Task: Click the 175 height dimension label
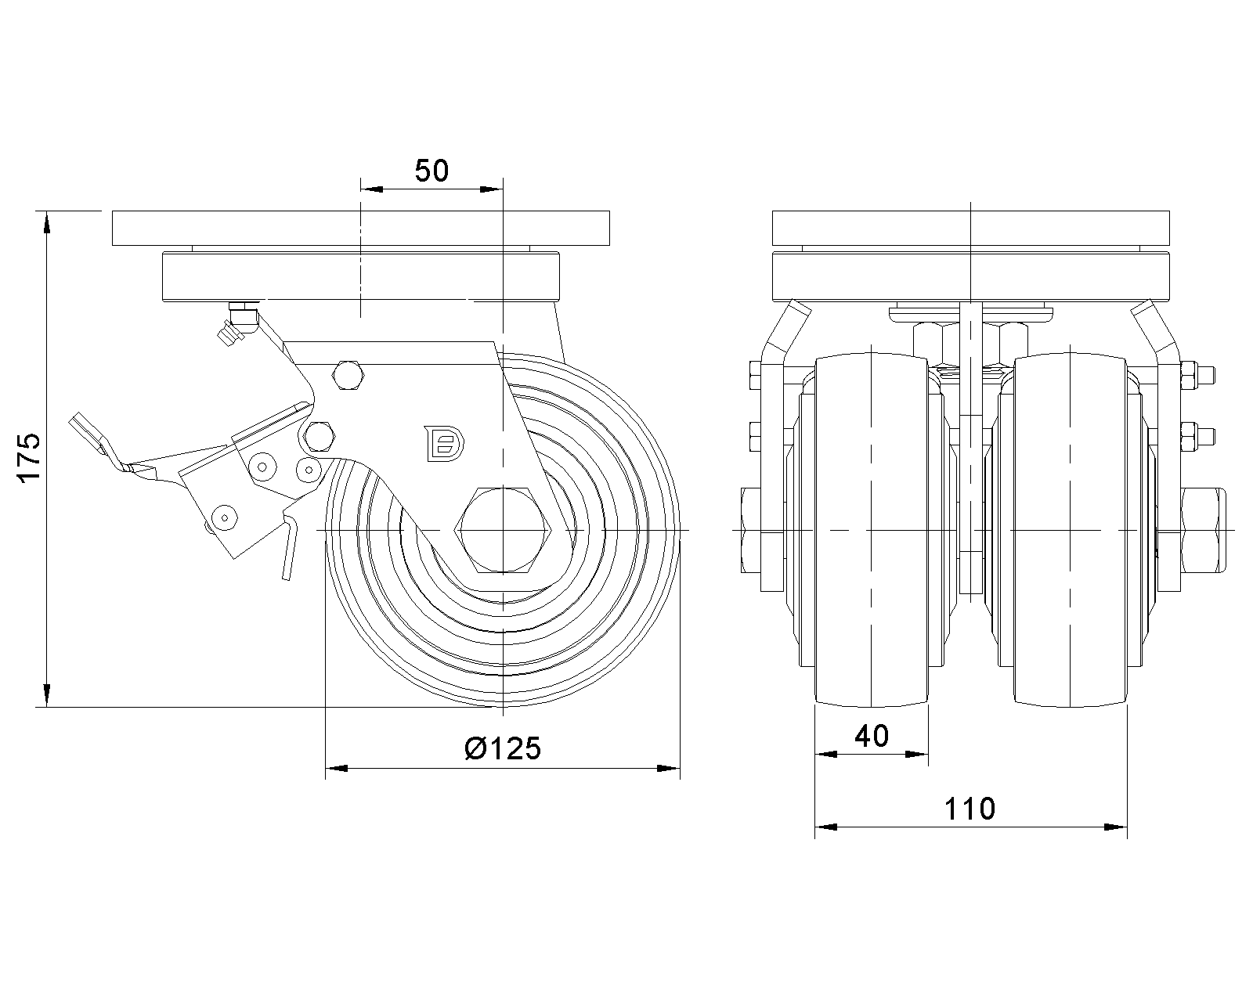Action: pos(29,457)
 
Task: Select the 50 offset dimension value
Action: pos(432,171)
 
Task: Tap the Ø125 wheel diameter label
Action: pos(503,748)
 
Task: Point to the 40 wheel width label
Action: pos(871,736)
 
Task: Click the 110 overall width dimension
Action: pos(970,809)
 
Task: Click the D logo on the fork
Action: pos(444,444)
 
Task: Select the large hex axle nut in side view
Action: pos(503,530)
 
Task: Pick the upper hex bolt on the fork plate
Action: pos(348,375)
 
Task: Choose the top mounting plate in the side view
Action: pos(361,228)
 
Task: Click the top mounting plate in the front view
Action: pos(970,228)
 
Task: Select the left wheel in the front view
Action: pos(871,530)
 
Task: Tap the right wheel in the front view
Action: pos(1071,530)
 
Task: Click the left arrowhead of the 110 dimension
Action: pos(826,827)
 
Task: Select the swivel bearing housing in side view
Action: pos(361,276)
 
